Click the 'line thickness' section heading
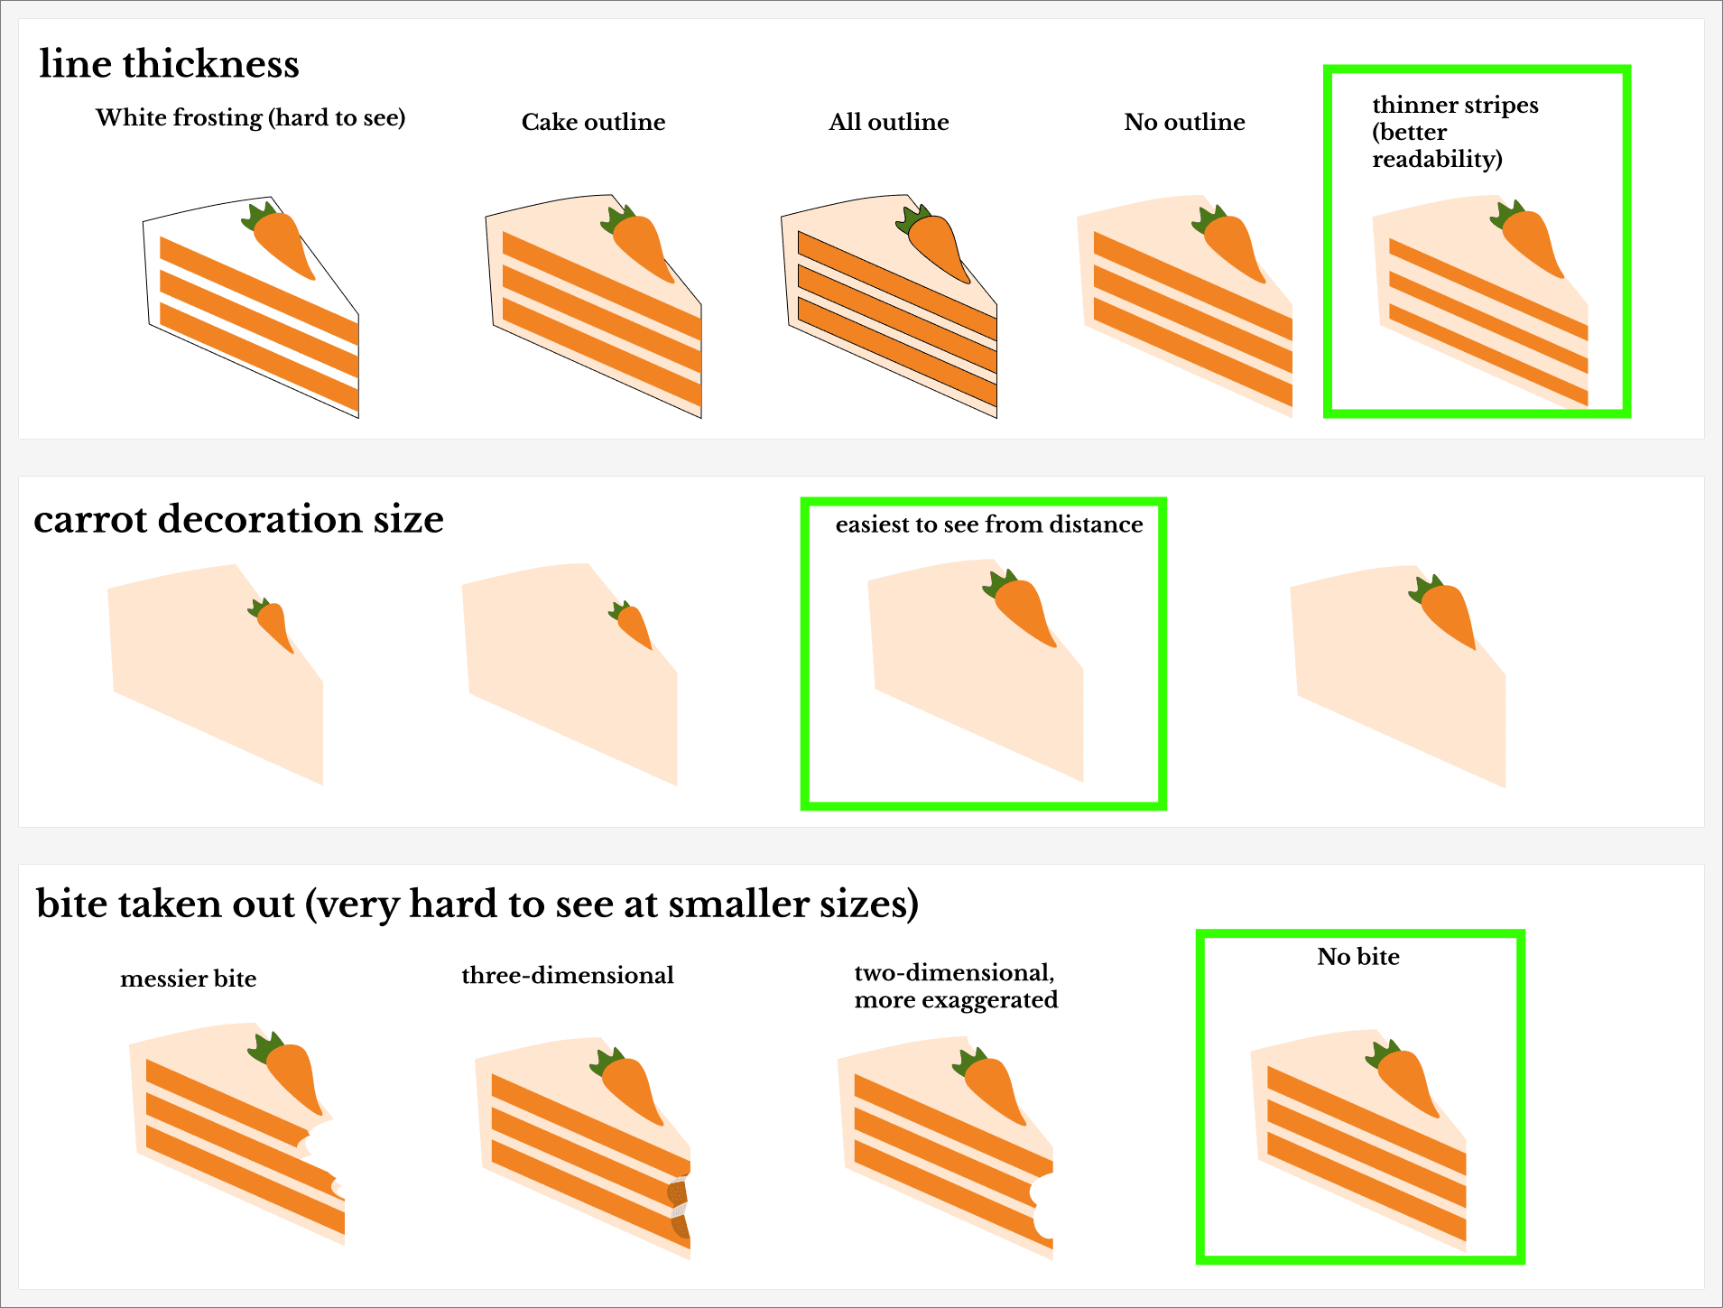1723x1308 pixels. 169,64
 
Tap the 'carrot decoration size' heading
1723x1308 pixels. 238,519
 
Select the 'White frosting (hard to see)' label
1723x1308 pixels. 251,118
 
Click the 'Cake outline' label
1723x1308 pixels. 593,122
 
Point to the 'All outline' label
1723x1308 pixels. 889,122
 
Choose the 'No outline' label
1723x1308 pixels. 1184,122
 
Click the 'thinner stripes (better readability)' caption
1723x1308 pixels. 1455,132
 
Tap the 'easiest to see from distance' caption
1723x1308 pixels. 989,524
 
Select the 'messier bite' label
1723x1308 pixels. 188,979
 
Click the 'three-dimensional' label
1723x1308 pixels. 568,975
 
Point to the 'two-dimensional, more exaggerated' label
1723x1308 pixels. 956,986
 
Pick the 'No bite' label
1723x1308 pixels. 1358,956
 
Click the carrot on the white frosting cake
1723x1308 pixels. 279,241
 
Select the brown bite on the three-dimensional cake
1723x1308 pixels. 679,1208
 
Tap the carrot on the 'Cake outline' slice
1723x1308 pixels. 639,244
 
